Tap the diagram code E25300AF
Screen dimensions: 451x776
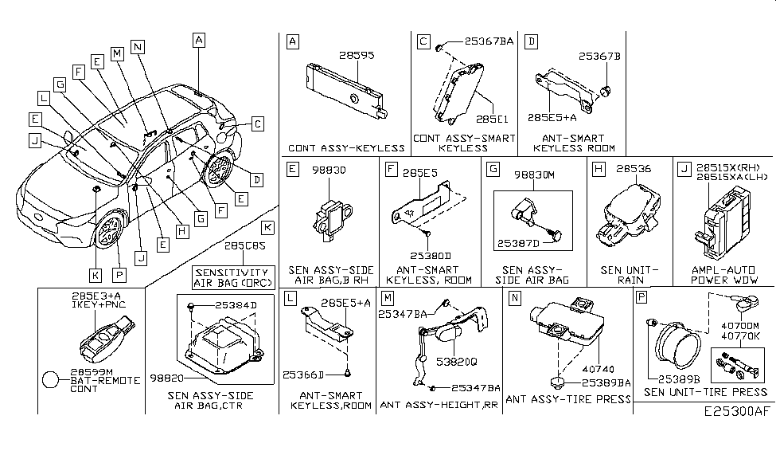point(737,413)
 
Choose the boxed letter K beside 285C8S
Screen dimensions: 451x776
point(267,228)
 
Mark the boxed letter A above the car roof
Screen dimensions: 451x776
point(199,39)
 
